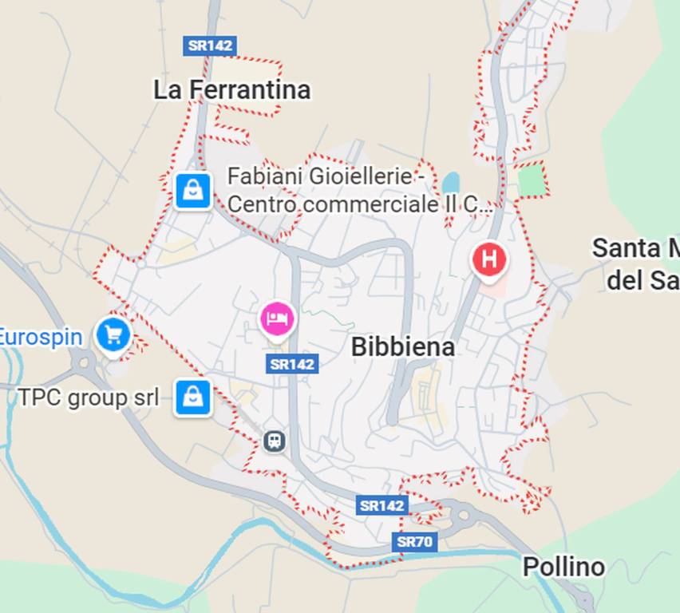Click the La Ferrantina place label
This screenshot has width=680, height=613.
pyautogui.click(x=231, y=90)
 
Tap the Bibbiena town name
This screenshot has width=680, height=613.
pyautogui.click(x=402, y=346)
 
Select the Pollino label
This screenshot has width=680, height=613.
pyautogui.click(x=563, y=568)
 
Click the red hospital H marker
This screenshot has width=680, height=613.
pyautogui.click(x=489, y=259)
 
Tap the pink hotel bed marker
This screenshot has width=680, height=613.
pyautogui.click(x=276, y=319)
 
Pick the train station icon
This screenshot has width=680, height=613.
pyautogui.click(x=275, y=441)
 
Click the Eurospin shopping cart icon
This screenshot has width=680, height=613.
pyautogui.click(x=113, y=335)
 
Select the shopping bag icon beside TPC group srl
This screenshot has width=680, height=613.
pyautogui.click(x=193, y=397)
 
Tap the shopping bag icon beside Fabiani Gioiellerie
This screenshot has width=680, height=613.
pyautogui.click(x=193, y=191)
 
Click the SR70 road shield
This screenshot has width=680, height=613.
pyautogui.click(x=415, y=543)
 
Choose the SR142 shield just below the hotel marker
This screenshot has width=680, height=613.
pyautogui.click(x=292, y=364)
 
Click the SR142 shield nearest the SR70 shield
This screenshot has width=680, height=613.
pyautogui.click(x=382, y=505)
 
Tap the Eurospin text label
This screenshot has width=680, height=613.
pyautogui.click(x=40, y=337)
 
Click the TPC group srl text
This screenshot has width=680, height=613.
pyautogui.click(x=89, y=397)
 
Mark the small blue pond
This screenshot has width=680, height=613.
pyautogui.click(x=451, y=183)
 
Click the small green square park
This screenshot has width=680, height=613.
pyautogui.click(x=533, y=180)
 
